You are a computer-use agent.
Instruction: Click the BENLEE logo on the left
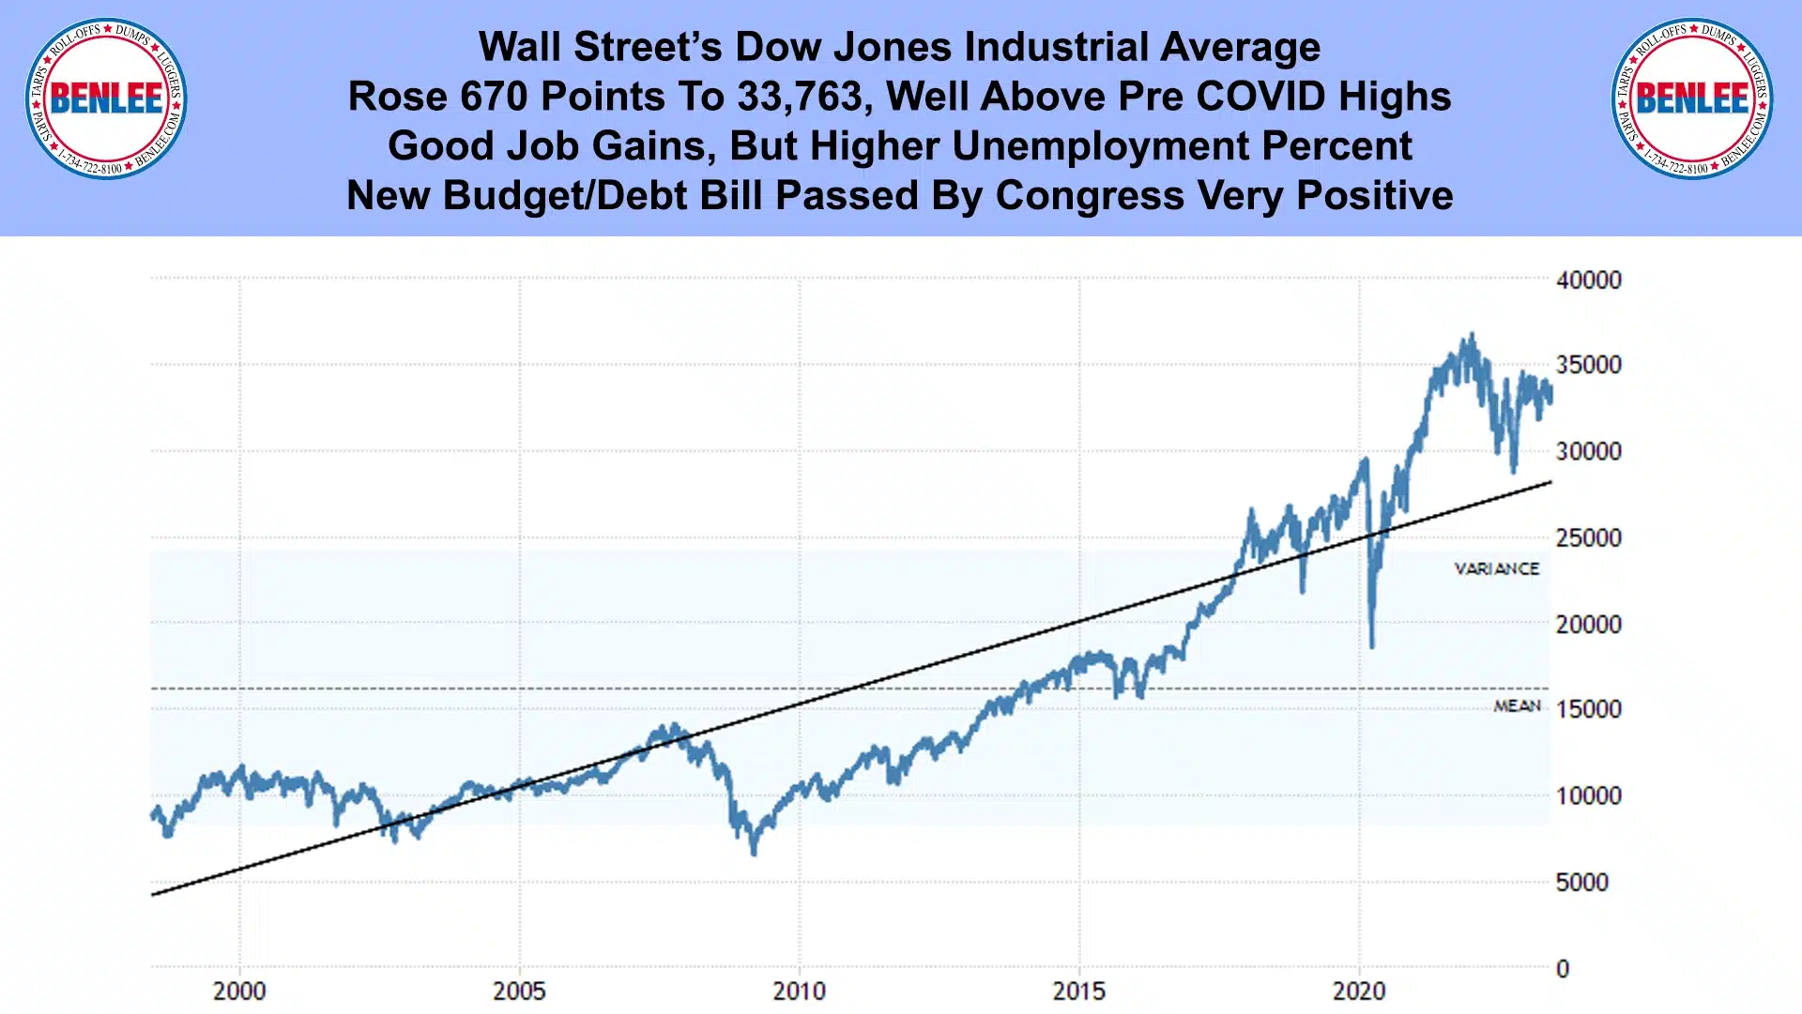[106, 98]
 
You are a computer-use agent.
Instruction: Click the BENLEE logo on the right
[1691, 98]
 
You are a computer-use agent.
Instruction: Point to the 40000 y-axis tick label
[1588, 280]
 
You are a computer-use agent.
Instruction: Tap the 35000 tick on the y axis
[1588, 365]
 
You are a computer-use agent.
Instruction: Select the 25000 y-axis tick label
[1588, 538]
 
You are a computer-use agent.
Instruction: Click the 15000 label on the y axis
[1588, 709]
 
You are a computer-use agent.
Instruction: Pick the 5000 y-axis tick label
[1581, 883]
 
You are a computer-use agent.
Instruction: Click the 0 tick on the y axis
[1563, 969]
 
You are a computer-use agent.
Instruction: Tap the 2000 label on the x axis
[239, 991]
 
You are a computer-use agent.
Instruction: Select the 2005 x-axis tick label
[519, 991]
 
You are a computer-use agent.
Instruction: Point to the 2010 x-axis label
[799, 991]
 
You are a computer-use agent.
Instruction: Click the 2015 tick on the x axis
[1078, 991]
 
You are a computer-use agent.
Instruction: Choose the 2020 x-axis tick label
[1359, 991]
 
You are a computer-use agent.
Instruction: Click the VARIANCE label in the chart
[1496, 568]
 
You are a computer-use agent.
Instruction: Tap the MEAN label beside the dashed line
[1517, 705]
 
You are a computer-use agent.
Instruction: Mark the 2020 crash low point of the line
[1372, 646]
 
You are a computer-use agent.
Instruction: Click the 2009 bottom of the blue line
[754, 853]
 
